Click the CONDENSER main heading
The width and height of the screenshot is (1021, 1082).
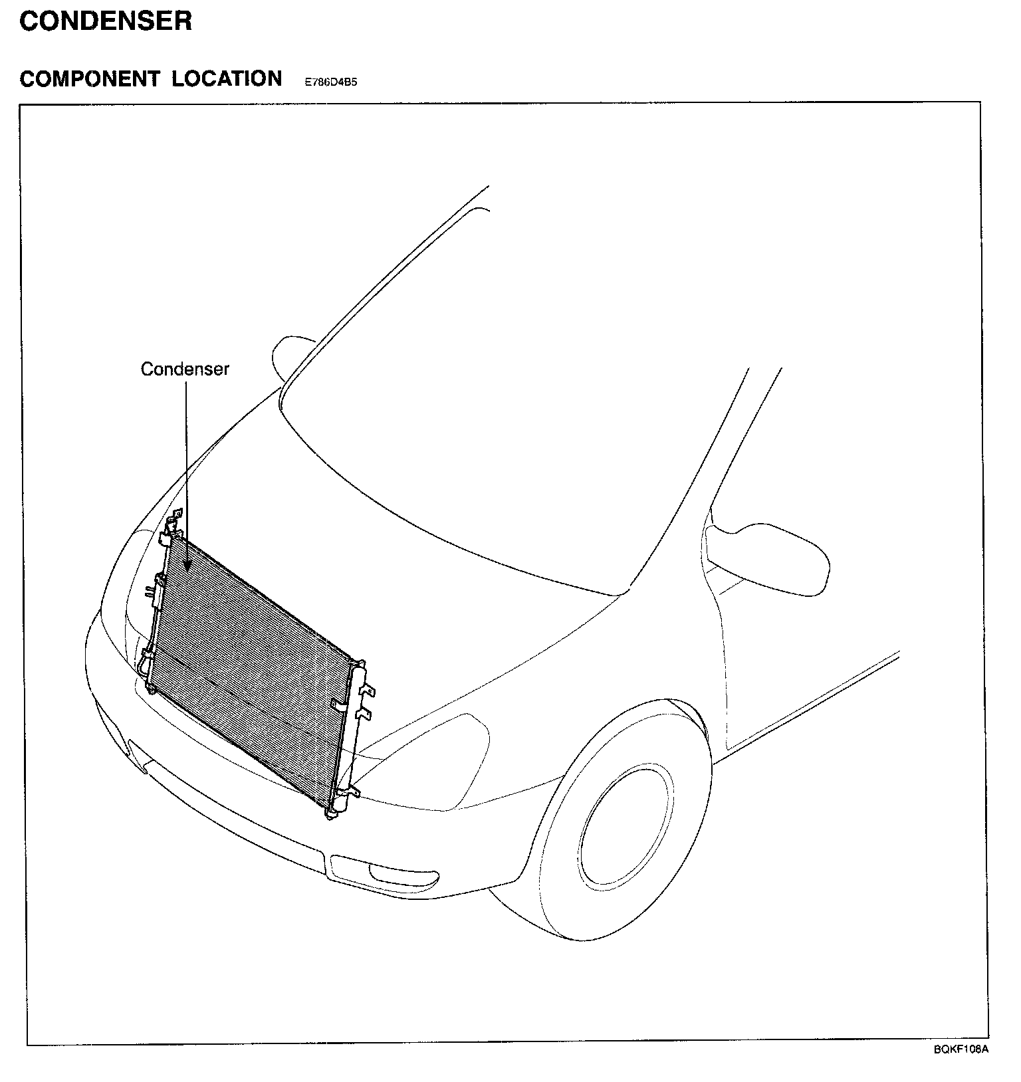[106, 21]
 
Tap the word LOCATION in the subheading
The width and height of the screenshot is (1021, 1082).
[227, 78]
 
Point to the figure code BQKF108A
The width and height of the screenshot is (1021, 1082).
[961, 1049]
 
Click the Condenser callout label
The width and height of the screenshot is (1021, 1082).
[185, 370]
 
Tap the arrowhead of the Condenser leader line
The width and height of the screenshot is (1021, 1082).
[187, 566]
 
